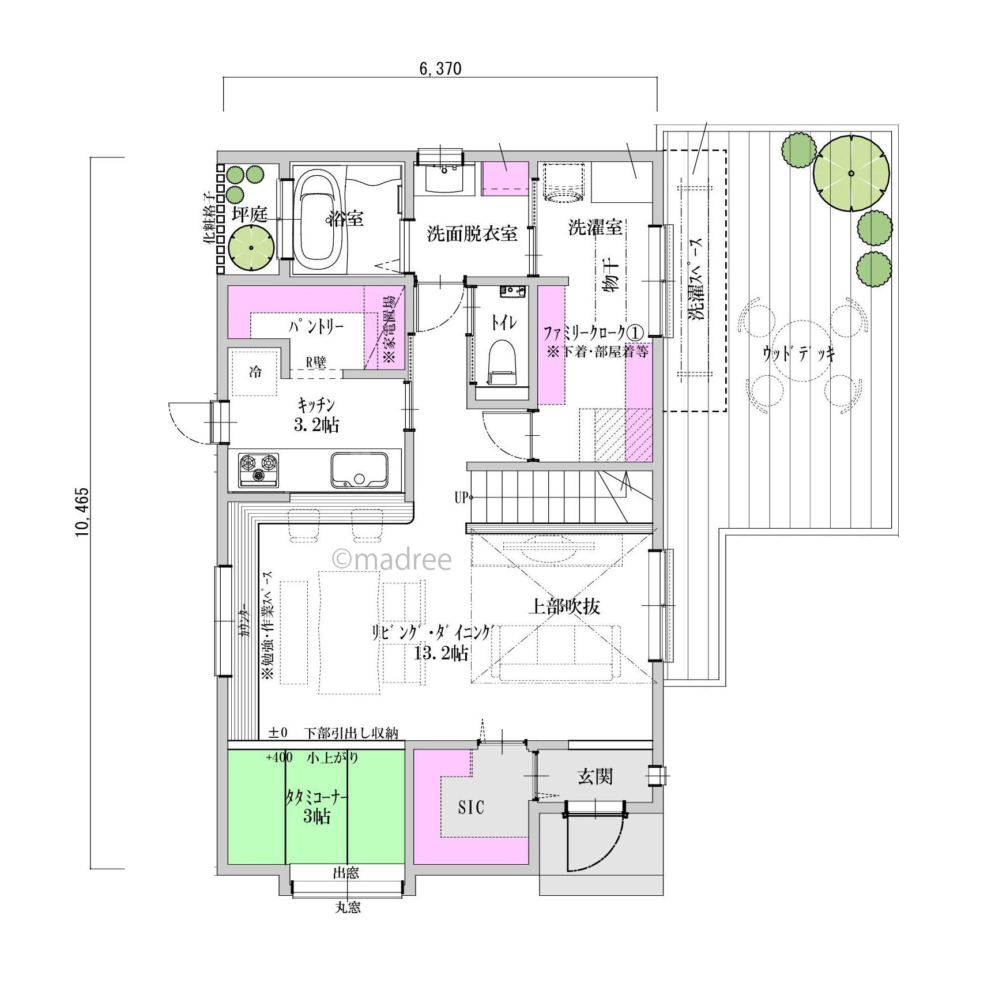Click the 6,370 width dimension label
[440, 69]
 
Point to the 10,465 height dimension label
[82, 512]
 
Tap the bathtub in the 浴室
[315, 220]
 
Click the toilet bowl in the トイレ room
[502, 361]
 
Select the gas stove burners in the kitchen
[259, 469]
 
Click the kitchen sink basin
[359, 470]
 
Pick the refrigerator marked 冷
[254, 372]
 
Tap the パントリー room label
[316, 327]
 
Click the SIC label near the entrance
[471, 808]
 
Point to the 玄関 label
[595, 777]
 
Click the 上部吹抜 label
[565, 606]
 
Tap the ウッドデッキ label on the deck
[798, 353]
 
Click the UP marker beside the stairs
[461, 497]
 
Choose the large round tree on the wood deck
[851, 173]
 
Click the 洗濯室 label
[596, 227]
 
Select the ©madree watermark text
[392, 559]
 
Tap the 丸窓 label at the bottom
[348, 907]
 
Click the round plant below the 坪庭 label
[251, 248]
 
